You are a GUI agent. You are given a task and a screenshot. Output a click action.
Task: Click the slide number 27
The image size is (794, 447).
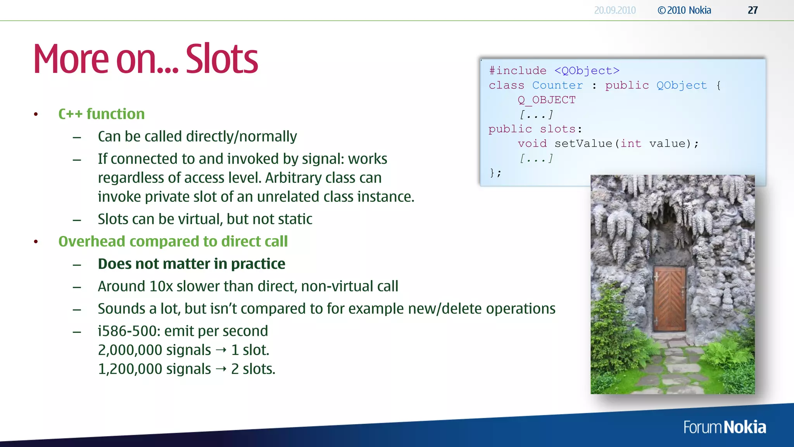pos(753,10)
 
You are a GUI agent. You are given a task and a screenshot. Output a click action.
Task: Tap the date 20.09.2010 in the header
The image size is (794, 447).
pos(614,10)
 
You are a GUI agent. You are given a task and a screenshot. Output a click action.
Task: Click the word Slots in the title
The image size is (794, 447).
pos(222,59)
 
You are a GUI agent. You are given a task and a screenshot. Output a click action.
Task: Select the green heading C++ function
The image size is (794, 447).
pos(101,114)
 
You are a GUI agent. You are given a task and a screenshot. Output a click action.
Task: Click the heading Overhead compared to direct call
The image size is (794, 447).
pos(173,241)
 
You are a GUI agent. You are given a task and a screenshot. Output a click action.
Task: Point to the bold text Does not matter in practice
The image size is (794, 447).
pos(192,264)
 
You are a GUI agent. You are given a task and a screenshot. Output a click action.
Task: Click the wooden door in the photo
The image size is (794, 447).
pos(670,298)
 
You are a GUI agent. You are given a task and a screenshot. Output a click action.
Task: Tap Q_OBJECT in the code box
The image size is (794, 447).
pos(547,100)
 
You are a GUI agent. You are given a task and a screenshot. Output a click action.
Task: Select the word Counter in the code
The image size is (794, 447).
pos(557,85)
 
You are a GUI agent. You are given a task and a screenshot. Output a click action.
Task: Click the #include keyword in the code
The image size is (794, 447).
pos(518,71)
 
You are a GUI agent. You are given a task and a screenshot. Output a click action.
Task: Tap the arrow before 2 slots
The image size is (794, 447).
pos(221,369)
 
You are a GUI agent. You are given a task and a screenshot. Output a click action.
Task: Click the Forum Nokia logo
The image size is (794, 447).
pos(724,427)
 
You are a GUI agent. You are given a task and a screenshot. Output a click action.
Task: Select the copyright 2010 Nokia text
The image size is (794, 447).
pos(684,10)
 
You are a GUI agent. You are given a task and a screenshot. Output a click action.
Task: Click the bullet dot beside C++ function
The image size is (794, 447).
pos(36,114)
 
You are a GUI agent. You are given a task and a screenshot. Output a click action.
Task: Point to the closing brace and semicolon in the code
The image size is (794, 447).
pos(495,173)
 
